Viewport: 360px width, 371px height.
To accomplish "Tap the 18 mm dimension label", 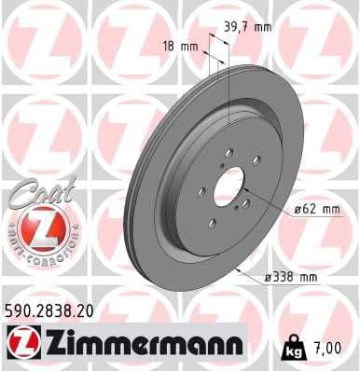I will click(x=188, y=46).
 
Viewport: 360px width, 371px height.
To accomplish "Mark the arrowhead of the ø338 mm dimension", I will click(x=242, y=270).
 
